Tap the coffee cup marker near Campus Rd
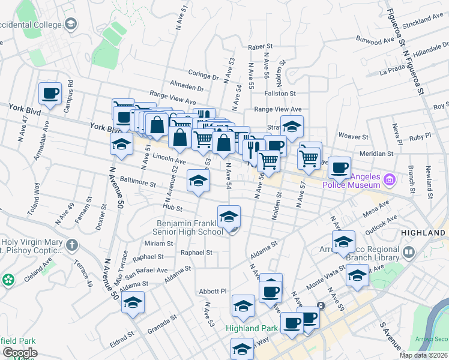50,94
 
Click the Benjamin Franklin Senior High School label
190,227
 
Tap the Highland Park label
252,328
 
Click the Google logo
20,353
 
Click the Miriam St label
158,244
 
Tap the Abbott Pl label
212,291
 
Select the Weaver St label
353,136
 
